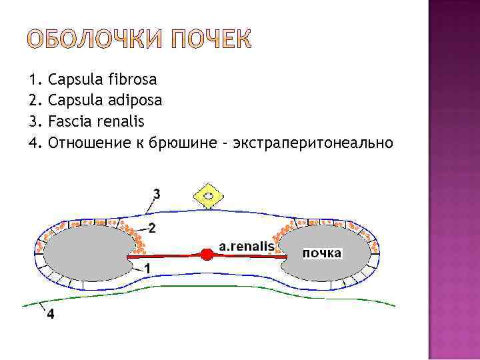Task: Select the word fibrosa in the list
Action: (132, 80)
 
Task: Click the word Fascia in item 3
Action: (69, 122)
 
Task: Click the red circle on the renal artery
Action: (207, 255)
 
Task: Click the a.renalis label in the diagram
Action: (247, 246)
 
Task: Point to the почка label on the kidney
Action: (322, 253)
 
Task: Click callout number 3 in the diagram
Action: (157, 194)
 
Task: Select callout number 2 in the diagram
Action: (152, 229)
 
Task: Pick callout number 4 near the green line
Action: (51, 315)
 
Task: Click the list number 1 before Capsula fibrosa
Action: (35, 80)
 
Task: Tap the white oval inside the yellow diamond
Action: (209, 196)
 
